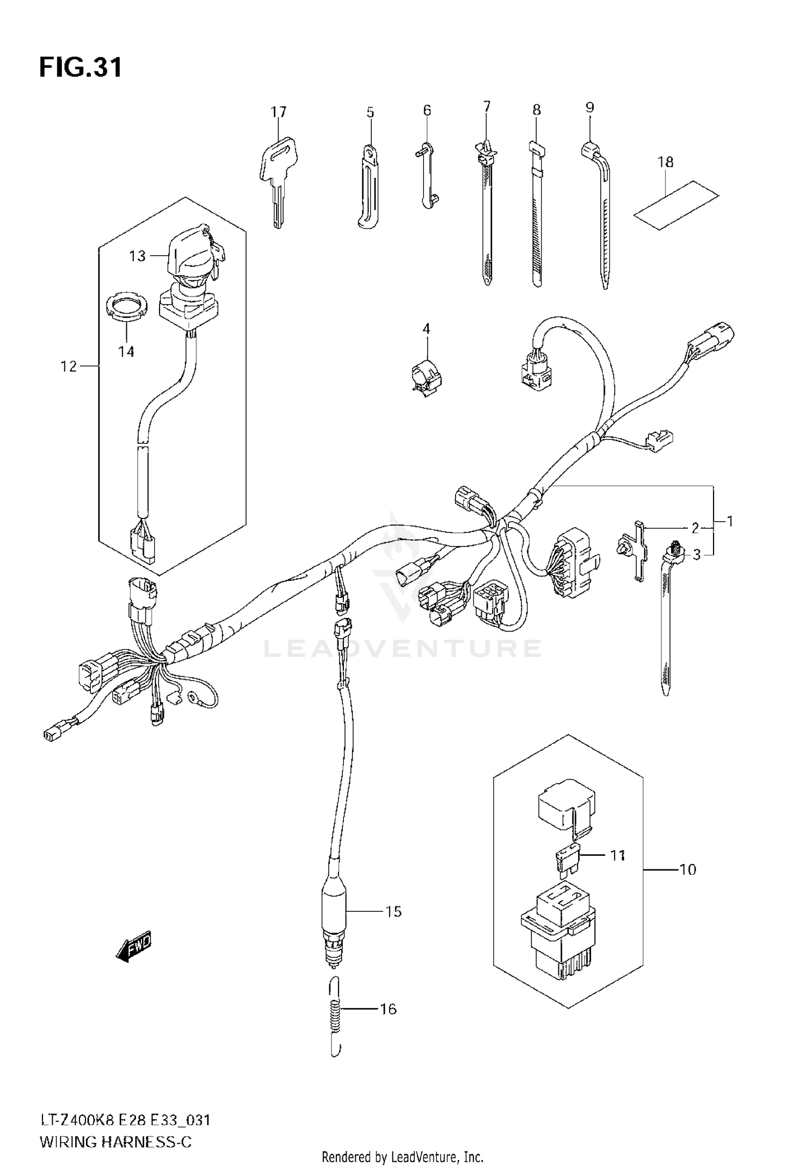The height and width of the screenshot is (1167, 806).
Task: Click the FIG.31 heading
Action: (81, 68)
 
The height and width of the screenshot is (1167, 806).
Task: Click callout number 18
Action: (665, 162)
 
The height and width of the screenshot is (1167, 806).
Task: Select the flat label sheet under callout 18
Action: (676, 205)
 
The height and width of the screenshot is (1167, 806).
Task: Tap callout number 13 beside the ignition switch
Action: (138, 256)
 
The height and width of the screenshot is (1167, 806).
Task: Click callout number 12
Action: (69, 366)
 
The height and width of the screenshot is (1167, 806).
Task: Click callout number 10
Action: (687, 869)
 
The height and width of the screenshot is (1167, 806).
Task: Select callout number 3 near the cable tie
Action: (696, 554)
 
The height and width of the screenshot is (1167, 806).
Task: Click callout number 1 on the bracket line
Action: (729, 521)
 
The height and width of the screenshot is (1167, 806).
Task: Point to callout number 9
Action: (589, 107)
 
